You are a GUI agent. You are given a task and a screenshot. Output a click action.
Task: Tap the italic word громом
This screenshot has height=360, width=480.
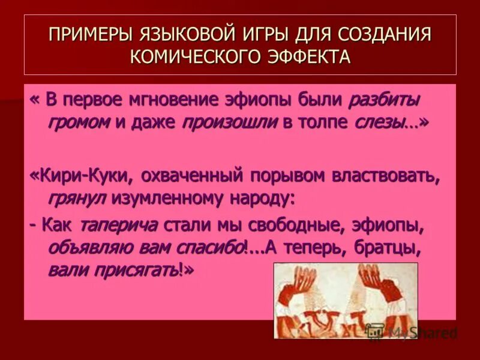coord(79,122)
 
